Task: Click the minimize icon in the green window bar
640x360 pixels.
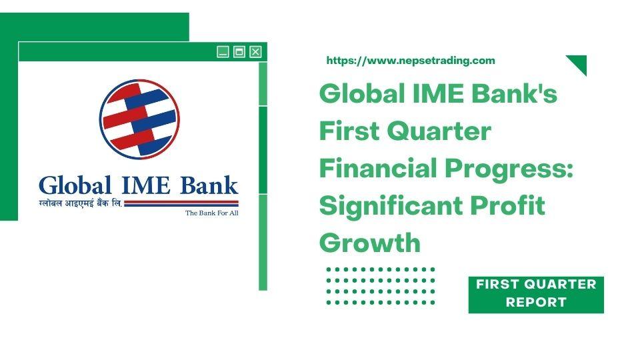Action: pyautogui.click(x=223, y=52)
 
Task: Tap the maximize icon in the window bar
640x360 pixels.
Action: pyautogui.click(x=239, y=52)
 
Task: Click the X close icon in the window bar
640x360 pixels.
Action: pyautogui.click(x=255, y=52)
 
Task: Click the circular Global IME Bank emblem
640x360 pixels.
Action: pyautogui.click(x=139, y=119)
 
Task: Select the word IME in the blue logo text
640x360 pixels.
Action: pyautogui.click(x=146, y=186)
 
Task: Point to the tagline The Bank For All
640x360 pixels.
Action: pyautogui.click(x=212, y=213)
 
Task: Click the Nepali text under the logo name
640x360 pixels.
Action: pyautogui.click(x=81, y=203)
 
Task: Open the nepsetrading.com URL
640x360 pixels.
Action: pyautogui.click(x=411, y=61)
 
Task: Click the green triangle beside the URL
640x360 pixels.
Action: pyautogui.click(x=579, y=63)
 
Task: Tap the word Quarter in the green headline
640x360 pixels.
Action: pyautogui.click(x=439, y=131)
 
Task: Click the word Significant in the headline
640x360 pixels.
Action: pyautogui.click(x=390, y=206)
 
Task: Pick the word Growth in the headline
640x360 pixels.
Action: pyautogui.click(x=370, y=243)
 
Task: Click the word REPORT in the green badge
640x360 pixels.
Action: pyautogui.click(x=536, y=303)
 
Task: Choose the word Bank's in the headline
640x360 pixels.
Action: pyautogui.click(x=515, y=93)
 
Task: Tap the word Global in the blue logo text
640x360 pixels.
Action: pyautogui.click(x=75, y=186)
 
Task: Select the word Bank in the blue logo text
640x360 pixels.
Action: pyautogui.click(x=209, y=186)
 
